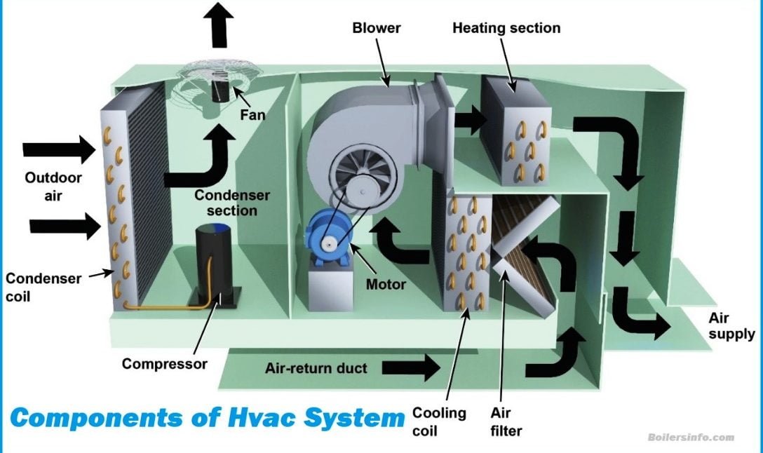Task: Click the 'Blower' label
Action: coord(377,28)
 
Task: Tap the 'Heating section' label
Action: coord(506,28)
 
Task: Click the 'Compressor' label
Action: coord(165,364)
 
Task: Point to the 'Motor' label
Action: coord(386,285)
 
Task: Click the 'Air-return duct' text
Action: coord(316,368)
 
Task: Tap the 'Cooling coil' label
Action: coord(439,420)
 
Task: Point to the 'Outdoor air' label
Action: coord(53,186)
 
